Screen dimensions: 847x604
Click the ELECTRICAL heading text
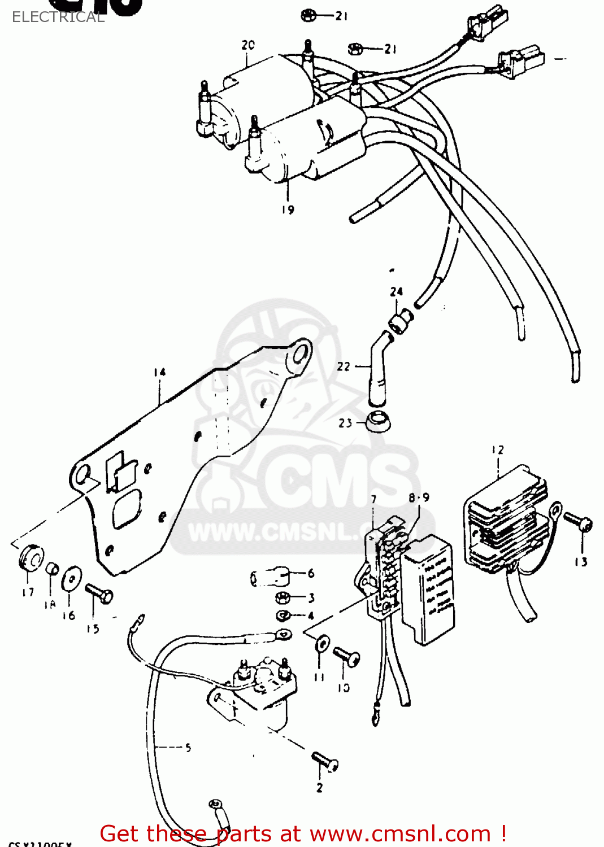click(58, 17)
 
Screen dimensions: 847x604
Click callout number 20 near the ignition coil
click(248, 45)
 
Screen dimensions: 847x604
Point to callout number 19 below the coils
click(288, 209)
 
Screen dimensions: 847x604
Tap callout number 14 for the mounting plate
click(159, 372)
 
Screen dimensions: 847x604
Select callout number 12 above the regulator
click(497, 450)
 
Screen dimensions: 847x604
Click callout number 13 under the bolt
click(581, 562)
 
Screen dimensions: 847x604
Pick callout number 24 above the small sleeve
click(396, 291)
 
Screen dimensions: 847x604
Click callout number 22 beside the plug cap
click(344, 366)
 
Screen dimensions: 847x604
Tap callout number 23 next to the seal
click(345, 423)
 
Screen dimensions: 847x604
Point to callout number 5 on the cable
click(188, 748)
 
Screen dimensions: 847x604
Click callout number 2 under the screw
click(320, 787)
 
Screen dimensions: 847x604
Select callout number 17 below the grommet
click(28, 592)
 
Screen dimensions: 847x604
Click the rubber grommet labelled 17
click(31, 557)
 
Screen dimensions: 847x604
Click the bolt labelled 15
click(99, 593)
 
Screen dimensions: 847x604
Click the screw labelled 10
click(346, 657)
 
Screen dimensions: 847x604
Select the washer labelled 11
click(322, 643)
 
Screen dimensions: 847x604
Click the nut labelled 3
click(283, 597)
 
